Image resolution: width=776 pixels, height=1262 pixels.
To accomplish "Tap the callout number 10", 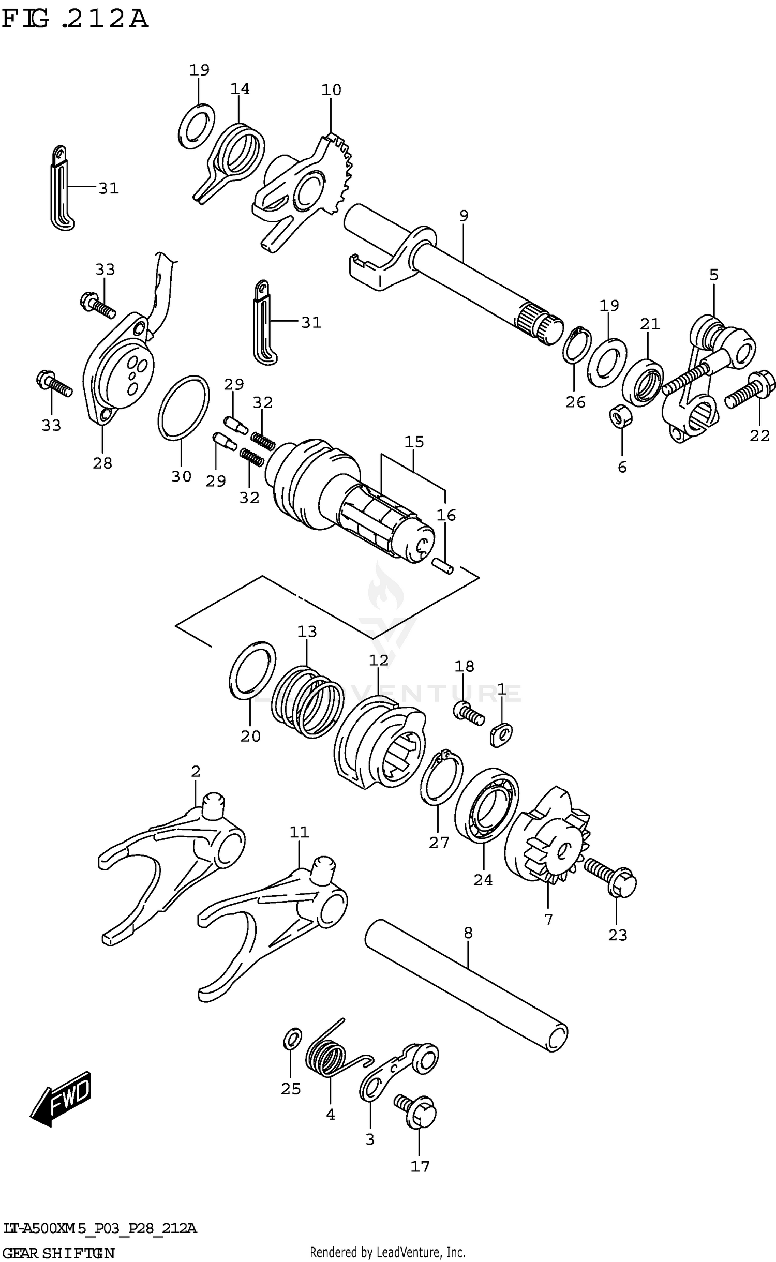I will (x=331, y=90).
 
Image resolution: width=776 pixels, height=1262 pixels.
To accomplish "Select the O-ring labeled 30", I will (x=184, y=408).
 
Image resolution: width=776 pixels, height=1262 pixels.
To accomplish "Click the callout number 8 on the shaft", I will (x=468, y=933).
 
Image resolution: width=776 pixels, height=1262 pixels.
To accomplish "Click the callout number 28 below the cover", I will (x=102, y=463).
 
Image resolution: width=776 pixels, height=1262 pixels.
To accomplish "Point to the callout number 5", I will (x=713, y=275).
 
